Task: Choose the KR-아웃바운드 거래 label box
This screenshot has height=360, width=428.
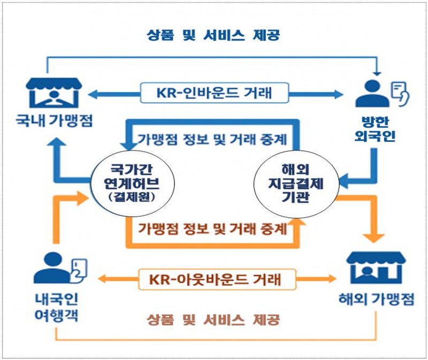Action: [216, 279]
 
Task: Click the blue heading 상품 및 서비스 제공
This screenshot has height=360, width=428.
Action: [214, 35]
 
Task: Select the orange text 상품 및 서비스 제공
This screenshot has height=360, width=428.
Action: [214, 320]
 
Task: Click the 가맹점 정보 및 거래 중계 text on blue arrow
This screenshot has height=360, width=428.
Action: [212, 140]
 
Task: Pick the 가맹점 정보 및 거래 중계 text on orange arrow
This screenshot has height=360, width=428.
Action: [212, 229]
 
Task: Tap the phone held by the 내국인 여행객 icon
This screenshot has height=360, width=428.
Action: [78, 266]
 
